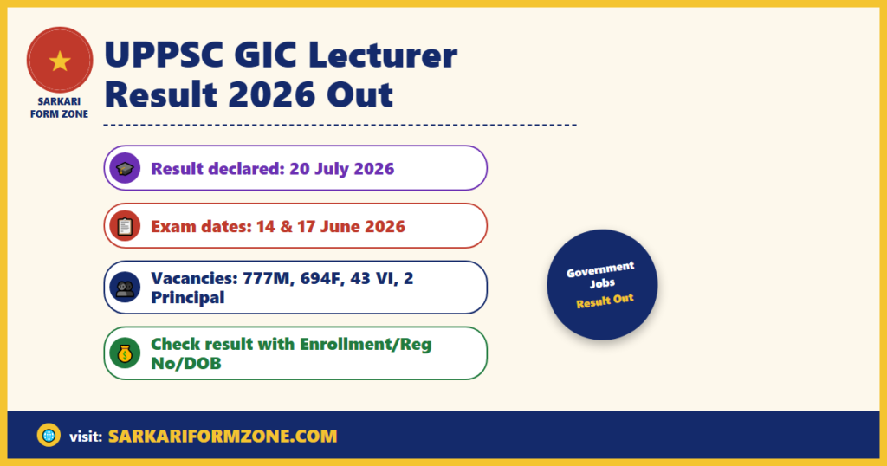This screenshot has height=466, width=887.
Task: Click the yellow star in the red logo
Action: [60, 61]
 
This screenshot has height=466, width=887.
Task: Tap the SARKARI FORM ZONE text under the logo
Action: [60, 107]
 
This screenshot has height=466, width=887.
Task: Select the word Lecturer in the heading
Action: [383, 55]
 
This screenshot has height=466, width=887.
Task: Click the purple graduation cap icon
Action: [125, 168]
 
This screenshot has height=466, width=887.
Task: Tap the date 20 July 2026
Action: [341, 169]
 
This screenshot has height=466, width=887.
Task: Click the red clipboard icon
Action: [125, 226]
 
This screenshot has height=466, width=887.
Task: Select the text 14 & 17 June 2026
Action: [330, 226]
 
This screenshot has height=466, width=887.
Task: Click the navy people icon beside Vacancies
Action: [125, 288]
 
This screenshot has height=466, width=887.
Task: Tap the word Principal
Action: [187, 297]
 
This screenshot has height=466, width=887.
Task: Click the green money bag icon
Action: [125, 353]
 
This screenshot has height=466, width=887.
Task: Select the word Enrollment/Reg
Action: [366, 344]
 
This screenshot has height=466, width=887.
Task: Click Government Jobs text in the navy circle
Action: [601, 275]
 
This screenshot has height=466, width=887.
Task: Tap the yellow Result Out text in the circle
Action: [605, 301]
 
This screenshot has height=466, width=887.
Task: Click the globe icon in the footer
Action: [49, 436]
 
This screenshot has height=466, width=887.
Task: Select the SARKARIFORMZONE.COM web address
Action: [223, 436]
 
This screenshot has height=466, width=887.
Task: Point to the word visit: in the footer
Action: [86, 437]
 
